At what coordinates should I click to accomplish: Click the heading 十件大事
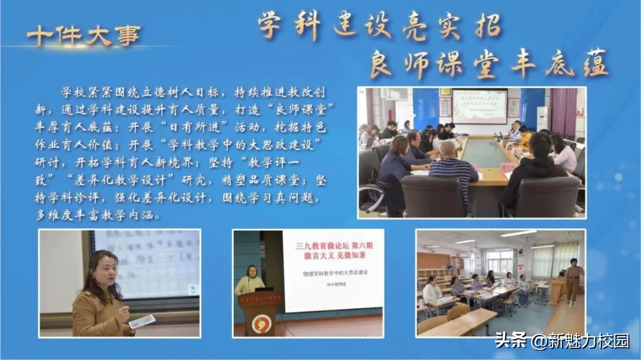[x=83, y=36]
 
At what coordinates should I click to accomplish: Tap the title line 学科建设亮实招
[x=380, y=26]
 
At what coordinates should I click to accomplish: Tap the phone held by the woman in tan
[x=142, y=321]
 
